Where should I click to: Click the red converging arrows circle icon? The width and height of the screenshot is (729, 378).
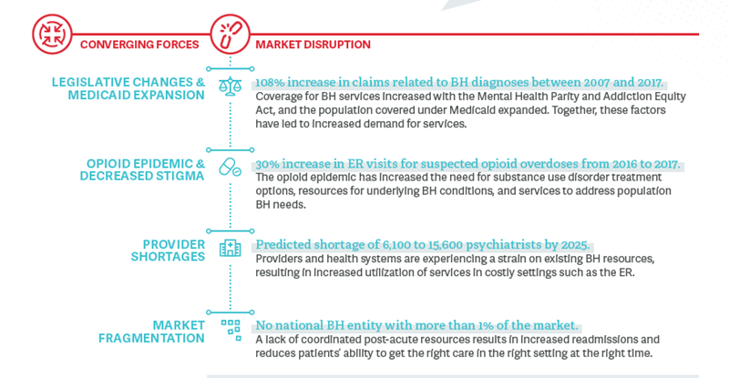(x=52, y=34)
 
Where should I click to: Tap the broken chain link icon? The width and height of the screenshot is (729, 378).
(x=231, y=34)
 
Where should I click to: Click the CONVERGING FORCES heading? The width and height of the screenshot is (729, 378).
(x=139, y=45)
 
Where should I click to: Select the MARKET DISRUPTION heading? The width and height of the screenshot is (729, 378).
(x=313, y=45)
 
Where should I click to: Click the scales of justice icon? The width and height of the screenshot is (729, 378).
(x=231, y=87)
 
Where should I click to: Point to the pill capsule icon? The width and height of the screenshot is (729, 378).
(x=231, y=168)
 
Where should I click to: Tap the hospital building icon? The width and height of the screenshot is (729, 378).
(x=231, y=249)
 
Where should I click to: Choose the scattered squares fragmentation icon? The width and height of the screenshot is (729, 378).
(x=231, y=330)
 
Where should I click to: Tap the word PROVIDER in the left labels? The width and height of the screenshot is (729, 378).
(x=174, y=244)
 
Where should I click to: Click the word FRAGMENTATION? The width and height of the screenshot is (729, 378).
(x=151, y=338)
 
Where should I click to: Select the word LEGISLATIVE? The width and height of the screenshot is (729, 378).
(x=90, y=82)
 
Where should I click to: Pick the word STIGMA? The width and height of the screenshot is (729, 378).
(x=180, y=176)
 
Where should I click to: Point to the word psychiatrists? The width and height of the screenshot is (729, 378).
(x=497, y=245)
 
